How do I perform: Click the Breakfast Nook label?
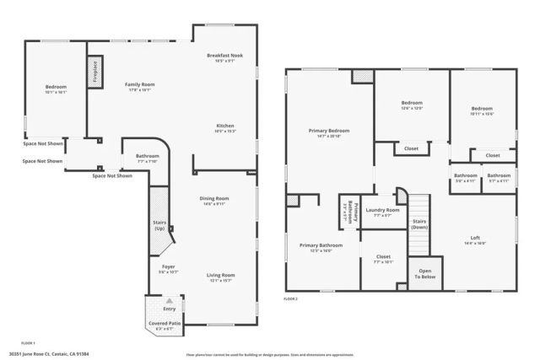[224, 56]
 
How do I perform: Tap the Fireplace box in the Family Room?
[95, 72]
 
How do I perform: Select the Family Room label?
[140, 85]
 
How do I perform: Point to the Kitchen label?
[224, 126]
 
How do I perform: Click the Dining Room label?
[216, 198]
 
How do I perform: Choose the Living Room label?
[222, 275]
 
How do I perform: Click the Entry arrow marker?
[170, 299]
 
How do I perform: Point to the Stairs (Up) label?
[159, 226]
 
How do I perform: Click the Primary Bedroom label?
[329, 131]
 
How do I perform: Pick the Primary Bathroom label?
[321, 245]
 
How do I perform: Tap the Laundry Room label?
[381, 210]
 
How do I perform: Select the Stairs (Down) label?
[420, 224]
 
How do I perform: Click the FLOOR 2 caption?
[292, 298]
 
